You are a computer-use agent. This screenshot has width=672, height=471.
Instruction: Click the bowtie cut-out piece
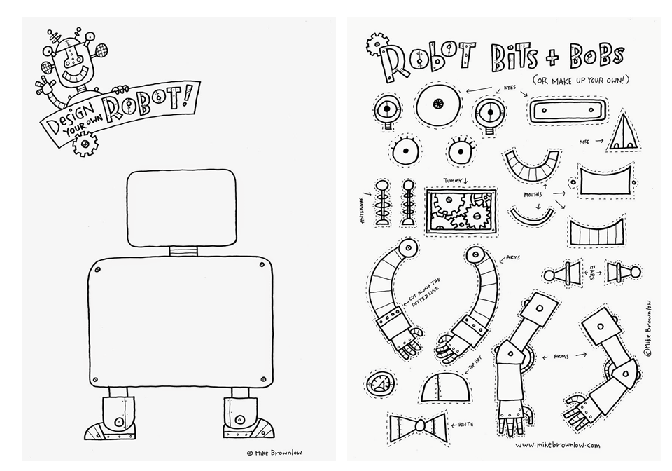point(417,428)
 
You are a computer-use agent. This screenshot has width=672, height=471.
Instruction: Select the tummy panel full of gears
point(461,211)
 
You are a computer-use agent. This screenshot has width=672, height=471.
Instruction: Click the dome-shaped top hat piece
point(446,386)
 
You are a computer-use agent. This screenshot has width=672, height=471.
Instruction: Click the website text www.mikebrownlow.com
point(558,445)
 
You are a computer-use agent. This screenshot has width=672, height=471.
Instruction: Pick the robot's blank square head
point(182,208)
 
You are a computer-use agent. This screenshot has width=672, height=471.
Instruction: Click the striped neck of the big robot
point(183,251)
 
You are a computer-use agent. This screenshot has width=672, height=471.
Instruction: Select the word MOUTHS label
point(533,195)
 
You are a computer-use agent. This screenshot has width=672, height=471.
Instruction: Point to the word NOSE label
point(584,142)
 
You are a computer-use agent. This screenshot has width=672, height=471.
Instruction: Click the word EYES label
point(510,88)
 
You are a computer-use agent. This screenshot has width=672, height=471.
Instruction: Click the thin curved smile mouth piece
point(531,217)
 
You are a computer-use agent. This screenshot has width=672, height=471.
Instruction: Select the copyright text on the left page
point(274,453)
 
